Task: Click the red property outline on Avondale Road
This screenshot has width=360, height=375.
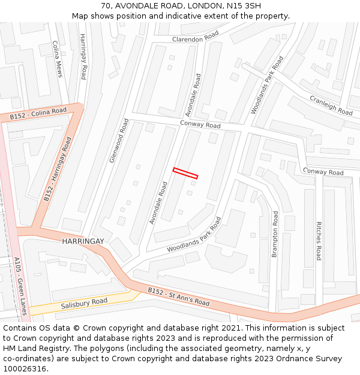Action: [185, 173]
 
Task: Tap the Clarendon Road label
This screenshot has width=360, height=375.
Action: [196, 37]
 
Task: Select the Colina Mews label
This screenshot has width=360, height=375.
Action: [57, 59]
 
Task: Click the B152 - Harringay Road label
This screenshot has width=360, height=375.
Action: [58, 169]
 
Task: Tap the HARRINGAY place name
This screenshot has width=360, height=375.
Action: [83, 241]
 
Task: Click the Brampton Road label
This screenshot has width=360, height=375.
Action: [275, 235]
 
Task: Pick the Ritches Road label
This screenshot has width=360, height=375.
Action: [319, 241]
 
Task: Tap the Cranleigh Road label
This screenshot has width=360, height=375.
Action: [331, 105]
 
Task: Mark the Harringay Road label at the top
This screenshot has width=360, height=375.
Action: [83, 56]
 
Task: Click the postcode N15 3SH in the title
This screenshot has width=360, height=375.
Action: [248, 5]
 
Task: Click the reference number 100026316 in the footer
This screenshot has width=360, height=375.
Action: [24, 368]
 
